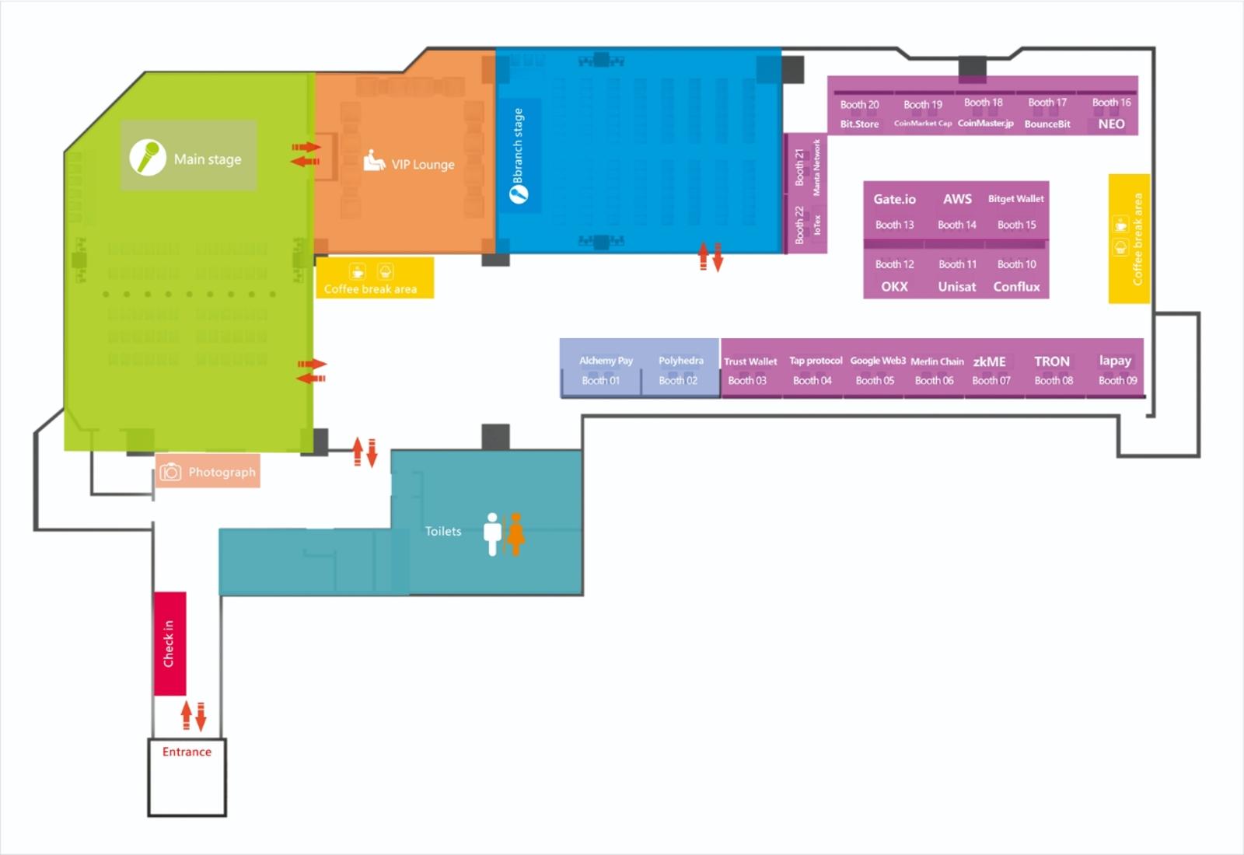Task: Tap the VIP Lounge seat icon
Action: click(374, 160)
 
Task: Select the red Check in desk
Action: click(170, 644)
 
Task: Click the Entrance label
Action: click(187, 752)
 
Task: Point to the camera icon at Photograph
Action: click(170, 472)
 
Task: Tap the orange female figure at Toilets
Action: click(516, 534)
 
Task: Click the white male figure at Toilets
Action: click(492, 534)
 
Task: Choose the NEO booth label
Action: click(1111, 124)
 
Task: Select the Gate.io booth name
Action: click(894, 199)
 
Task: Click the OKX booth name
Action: click(894, 287)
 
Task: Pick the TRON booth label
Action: click(1052, 361)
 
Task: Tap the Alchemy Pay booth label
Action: click(606, 361)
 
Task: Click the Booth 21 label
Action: click(799, 167)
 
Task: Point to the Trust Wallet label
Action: click(750, 361)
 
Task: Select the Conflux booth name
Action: click(1016, 287)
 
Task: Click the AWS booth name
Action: click(957, 199)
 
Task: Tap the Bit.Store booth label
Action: click(859, 124)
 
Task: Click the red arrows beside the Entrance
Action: click(194, 716)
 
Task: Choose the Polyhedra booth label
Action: click(681, 361)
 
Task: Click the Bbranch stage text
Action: click(518, 145)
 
